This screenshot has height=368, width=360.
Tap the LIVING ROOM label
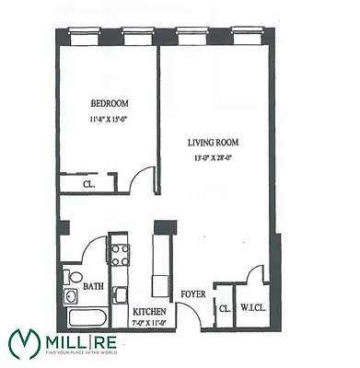pyautogui.click(x=212, y=142)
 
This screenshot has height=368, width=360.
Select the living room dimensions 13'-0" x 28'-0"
pyautogui.click(x=213, y=156)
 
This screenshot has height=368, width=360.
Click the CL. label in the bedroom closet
pyautogui.click(x=88, y=184)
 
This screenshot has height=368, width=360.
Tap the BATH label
pyautogui.click(x=92, y=286)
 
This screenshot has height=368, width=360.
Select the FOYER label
pyautogui.click(x=192, y=295)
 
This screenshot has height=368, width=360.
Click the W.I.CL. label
pyautogui.click(x=253, y=308)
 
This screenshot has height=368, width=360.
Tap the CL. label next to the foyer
pyautogui.click(x=223, y=308)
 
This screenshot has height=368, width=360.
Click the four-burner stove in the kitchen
pyautogui.click(x=119, y=252)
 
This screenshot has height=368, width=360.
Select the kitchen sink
pyautogui.click(x=120, y=294)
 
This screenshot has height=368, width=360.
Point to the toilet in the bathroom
pyautogui.click(x=71, y=276)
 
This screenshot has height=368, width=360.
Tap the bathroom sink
pyautogui.click(x=71, y=296)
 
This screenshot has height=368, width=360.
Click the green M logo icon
pyautogui.click(x=25, y=344)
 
